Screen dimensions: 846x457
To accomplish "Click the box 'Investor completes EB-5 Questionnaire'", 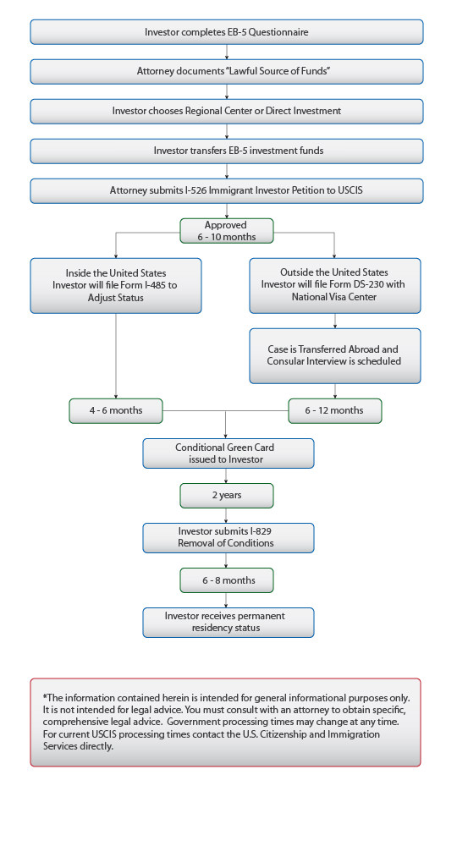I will (x=226, y=32).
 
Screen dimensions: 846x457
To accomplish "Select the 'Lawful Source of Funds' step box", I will (x=226, y=71).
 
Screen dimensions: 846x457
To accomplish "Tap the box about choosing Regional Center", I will (x=226, y=111).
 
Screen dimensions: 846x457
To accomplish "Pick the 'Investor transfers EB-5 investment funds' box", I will (x=226, y=151).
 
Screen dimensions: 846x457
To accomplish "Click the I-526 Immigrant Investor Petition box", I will (x=226, y=190).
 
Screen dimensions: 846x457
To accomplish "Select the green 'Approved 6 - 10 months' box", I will (x=226, y=231).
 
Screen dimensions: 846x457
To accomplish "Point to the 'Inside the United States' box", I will (x=116, y=285).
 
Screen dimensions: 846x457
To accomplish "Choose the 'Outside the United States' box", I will (x=335, y=285).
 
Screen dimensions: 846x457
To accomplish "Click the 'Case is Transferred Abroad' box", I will (x=335, y=355).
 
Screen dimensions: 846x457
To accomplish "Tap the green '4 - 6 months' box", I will (x=116, y=410).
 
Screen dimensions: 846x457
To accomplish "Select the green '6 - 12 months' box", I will (x=335, y=410).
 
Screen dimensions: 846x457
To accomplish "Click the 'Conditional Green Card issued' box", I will (x=228, y=453).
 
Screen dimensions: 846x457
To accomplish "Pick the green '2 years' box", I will (x=226, y=495).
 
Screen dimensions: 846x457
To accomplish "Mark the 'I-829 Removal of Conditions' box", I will (x=228, y=537).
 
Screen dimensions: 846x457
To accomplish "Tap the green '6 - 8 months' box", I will (x=226, y=580).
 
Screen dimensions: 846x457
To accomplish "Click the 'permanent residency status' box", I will (x=228, y=623).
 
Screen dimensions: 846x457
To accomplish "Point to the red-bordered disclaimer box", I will (x=225, y=722).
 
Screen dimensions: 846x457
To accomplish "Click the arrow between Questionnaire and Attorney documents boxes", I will (x=226, y=52).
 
